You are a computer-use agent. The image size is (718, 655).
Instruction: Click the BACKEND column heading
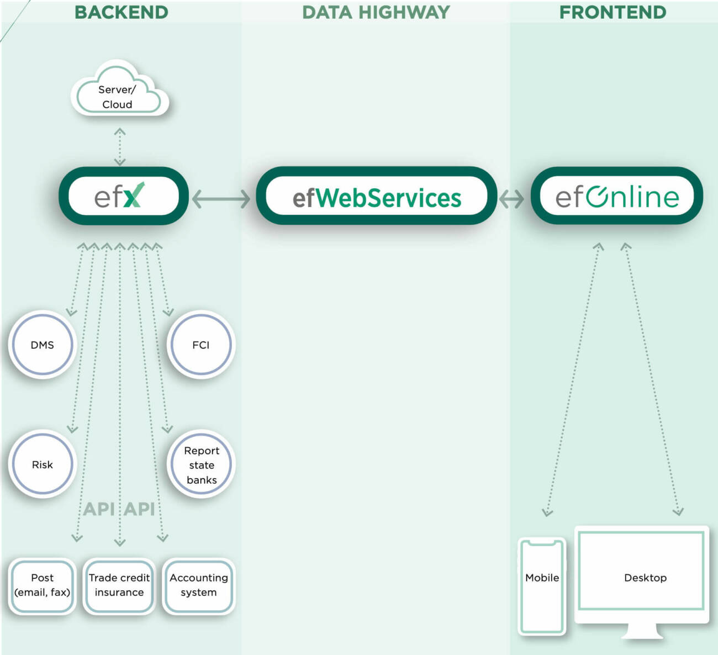121,12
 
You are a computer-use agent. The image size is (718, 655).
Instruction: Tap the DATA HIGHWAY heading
376,12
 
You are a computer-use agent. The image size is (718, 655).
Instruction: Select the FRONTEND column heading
613,12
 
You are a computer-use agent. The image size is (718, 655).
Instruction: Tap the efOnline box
616,196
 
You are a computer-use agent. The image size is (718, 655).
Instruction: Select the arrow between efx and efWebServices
221,198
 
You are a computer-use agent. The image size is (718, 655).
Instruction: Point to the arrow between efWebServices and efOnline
511,198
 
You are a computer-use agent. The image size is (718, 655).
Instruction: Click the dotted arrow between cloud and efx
120,147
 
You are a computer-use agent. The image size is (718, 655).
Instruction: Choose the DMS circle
42,345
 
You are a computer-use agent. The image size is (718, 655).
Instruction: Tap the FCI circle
200,345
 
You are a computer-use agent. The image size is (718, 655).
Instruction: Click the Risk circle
42,464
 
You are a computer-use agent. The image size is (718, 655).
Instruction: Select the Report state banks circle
201,464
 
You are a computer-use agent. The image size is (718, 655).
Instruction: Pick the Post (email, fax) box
42,585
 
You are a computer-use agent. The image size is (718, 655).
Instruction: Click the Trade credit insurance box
119,585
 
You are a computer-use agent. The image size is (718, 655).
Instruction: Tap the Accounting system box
199,585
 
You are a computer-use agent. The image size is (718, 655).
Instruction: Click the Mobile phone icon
542,586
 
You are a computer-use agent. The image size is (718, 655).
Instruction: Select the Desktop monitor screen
642,570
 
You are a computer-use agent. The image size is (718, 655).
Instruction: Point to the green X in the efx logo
134,195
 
